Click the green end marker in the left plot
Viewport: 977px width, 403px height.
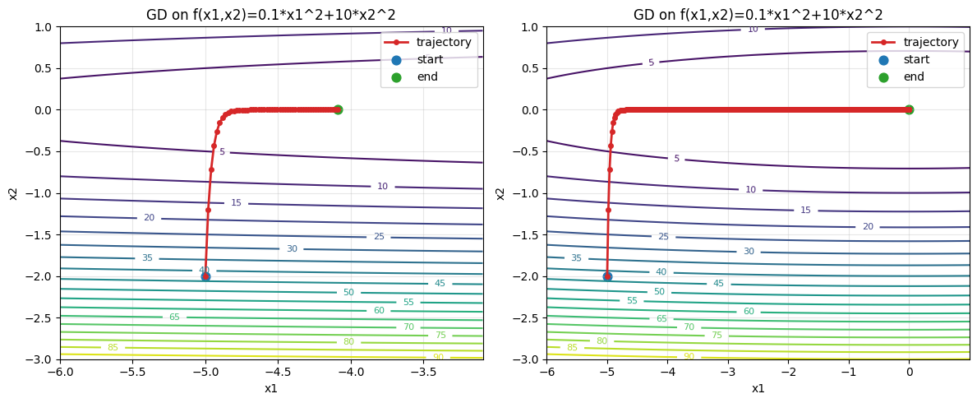pos(338,109)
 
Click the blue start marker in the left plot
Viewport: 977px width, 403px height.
pos(205,276)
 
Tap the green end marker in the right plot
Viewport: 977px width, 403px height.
pos(909,109)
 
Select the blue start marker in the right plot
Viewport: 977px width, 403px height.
pos(607,276)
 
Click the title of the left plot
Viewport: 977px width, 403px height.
pos(271,15)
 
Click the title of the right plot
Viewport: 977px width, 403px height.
pos(758,15)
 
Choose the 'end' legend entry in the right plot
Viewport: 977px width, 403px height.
pos(914,77)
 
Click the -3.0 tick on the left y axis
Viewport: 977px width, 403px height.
pos(41,359)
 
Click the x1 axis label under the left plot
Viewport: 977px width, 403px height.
pos(271,388)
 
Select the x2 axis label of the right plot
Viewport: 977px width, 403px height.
pos(500,193)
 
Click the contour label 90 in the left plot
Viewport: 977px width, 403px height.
pos(438,357)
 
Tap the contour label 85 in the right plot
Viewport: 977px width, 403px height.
pos(572,348)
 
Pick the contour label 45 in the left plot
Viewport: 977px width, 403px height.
pos(440,284)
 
